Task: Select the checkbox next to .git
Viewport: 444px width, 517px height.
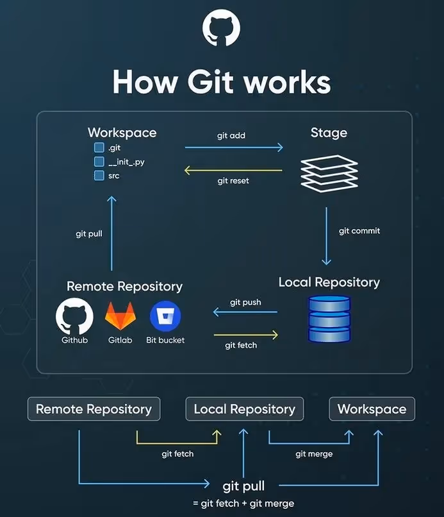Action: click(99, 148)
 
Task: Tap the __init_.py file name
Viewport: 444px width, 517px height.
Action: click(126, 162)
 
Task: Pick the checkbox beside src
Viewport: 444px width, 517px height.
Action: click(99, 175)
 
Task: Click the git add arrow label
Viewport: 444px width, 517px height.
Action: click(231, 136)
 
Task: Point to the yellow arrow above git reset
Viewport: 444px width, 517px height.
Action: click(233, 170)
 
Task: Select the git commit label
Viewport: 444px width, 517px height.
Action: click(359, 231)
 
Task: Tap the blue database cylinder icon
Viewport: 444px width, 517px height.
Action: click(329, 318)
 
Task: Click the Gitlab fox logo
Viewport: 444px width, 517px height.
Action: click(120, 316)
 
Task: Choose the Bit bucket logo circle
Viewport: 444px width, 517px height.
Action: click(165, 316)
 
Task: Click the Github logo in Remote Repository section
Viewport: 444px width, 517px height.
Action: click(74, 316)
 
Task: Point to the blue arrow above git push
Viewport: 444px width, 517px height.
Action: click(245, 312)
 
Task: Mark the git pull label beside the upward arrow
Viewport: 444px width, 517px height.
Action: click(89, 234)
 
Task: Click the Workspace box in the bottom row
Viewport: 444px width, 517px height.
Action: click(372, 409)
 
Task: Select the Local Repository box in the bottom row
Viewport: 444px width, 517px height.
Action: click(244, 409)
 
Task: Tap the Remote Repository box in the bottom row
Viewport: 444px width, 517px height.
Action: click(94, 409)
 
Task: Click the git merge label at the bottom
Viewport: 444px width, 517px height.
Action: click(314, 454)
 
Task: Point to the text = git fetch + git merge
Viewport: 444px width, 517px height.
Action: click(243, 503)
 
